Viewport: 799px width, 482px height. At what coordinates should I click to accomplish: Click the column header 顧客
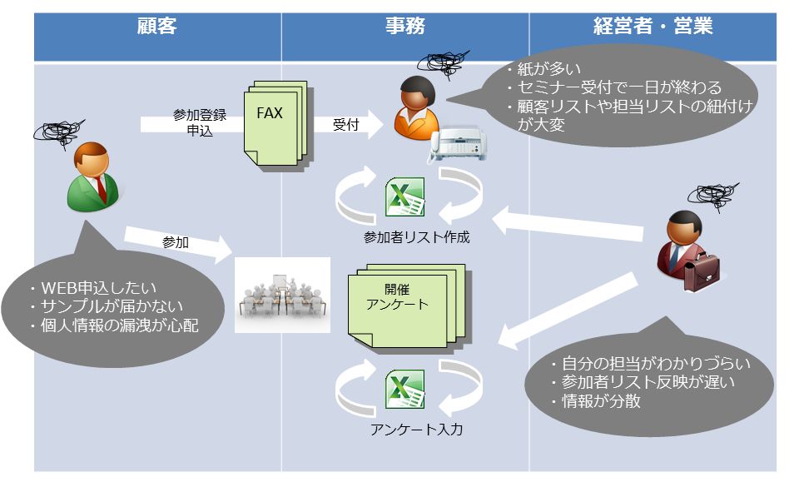point(157,27)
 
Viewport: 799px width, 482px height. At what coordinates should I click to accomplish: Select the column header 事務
point(404,27)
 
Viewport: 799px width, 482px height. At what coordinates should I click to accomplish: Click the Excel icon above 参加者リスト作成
point(404,197)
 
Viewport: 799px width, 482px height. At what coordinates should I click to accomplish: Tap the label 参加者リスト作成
point(416,238)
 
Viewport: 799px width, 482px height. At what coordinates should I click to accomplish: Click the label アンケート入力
point(416,430)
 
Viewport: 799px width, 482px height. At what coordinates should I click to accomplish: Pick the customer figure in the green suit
point(92,175)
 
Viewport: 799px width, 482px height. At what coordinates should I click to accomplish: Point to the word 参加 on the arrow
point(176,242)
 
